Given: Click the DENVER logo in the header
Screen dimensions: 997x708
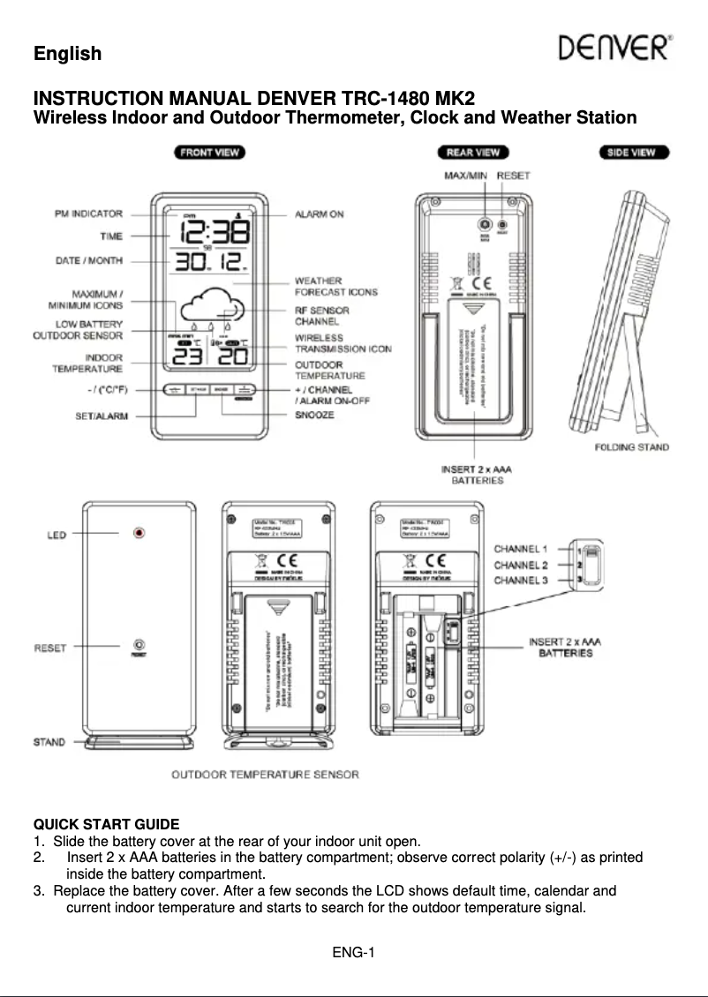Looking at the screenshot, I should click(616, 48).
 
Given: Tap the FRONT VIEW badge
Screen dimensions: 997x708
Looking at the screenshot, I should click(209, 152).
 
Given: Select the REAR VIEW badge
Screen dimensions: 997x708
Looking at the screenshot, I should click(472, 152).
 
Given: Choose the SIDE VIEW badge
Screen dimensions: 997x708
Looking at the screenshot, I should click(631, 152).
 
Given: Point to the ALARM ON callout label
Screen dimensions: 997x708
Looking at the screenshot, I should click(319, 214).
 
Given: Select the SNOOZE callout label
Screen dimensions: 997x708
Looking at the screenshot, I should click(314, 414).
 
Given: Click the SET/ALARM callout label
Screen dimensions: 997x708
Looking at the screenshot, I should click(99, 415).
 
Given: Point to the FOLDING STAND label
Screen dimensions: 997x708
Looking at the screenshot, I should click(631, 447).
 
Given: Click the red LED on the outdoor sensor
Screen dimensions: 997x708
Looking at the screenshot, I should click(139, 534).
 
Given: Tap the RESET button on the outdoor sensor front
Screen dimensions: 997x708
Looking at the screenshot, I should click(139, 646).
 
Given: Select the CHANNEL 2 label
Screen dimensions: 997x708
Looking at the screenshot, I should click(521, 565).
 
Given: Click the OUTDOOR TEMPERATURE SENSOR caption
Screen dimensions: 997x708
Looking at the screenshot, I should click(265, 775).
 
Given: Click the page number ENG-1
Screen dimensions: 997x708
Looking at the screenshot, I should click(354, 951).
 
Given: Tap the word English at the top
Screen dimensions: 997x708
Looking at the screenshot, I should click(67, 53).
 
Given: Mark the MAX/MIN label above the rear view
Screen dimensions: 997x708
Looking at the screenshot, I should click(465, 176).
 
